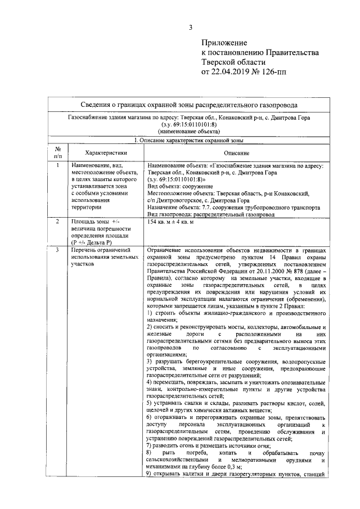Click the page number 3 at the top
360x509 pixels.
(190, 28)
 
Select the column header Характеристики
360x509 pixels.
(106, 153)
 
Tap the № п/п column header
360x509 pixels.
(57, 152)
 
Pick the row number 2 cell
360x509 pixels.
(57, 223)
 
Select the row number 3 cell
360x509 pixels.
(57, 250)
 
